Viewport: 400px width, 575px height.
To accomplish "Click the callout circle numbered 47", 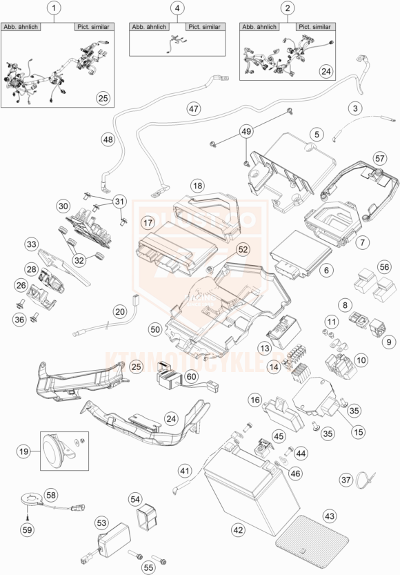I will pyautogui.click(x=193, y=108).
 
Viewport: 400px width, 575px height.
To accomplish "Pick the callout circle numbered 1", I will pyautogui.click(x=54, y=8).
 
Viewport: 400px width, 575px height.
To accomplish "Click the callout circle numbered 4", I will pyautogui.click(x=177, y=8).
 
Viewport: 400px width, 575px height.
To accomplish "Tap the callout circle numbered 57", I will pyautogui.click(x=379, y=158).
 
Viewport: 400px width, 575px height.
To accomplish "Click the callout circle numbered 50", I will pyautogui.click(x=155, y=331).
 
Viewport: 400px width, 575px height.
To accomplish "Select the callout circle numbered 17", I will pyautogui.click(x=148, y=222).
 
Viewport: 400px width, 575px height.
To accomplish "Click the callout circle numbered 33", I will pyautogui.click(x=31, y=244).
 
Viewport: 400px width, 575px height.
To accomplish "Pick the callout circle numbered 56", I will pyautogui.click(x=383, y=266).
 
